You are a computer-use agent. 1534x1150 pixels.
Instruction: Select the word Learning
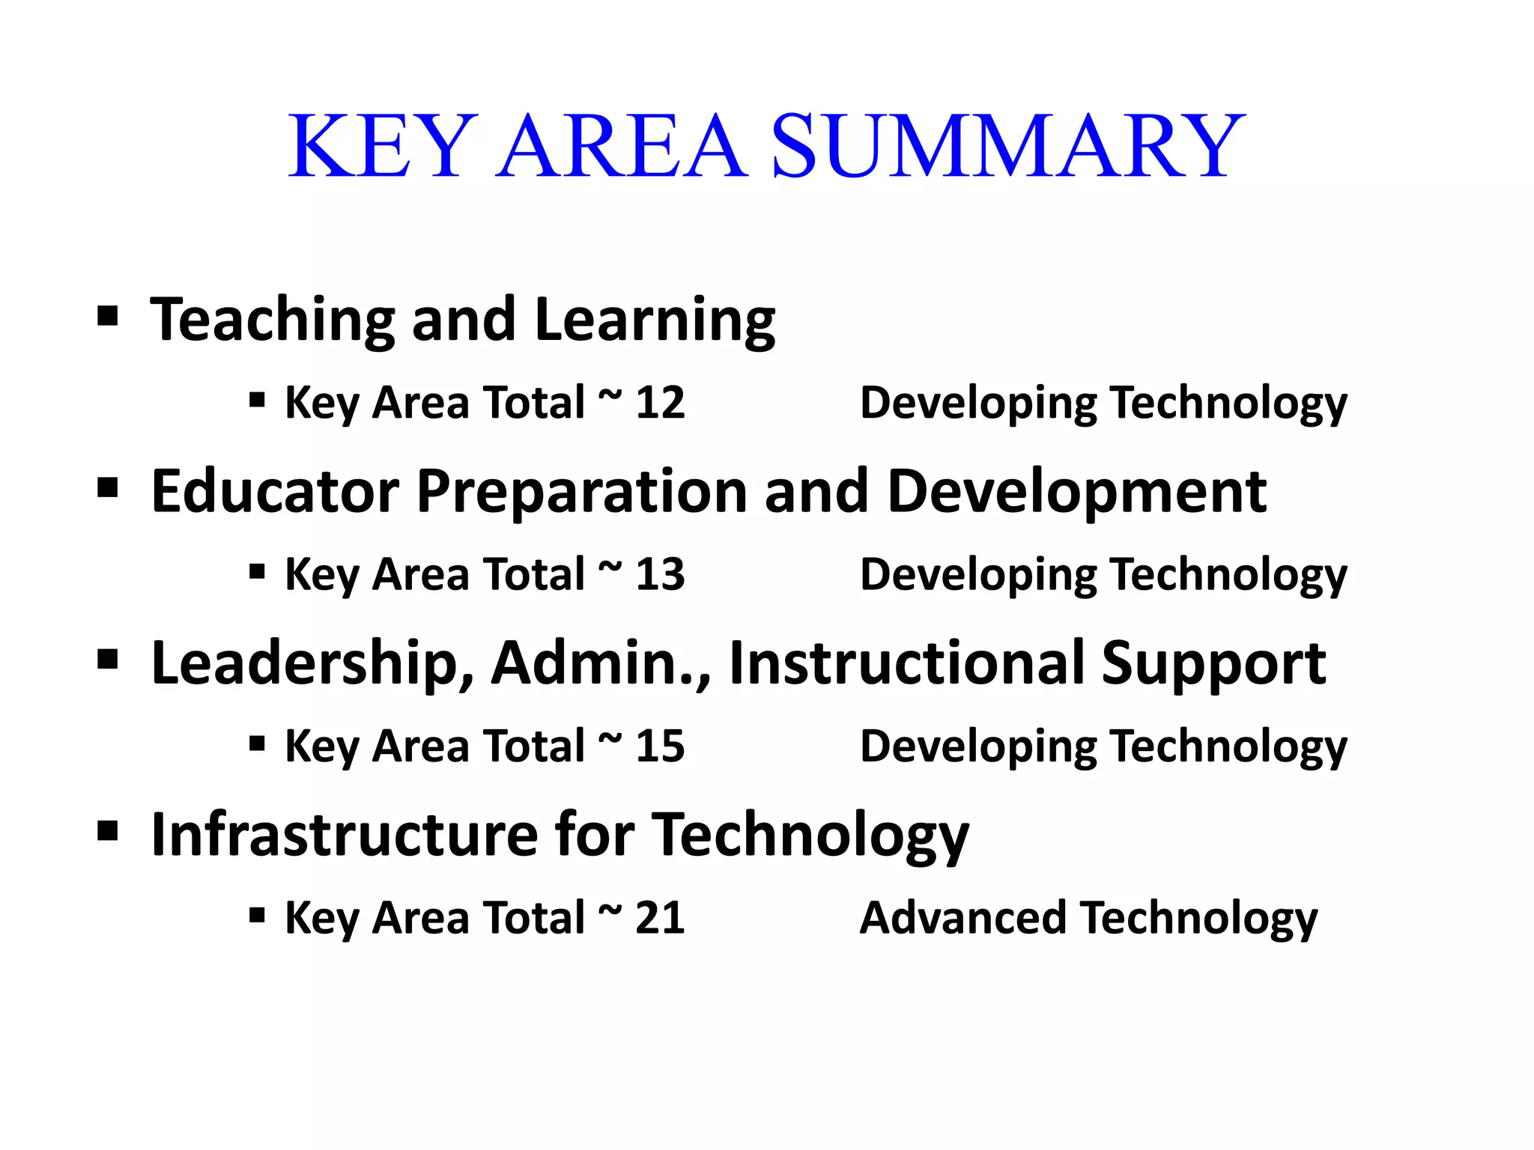coord(655,320)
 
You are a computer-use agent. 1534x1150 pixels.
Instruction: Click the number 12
coord(660,403)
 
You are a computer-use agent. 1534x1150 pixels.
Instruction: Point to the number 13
coord(660,574)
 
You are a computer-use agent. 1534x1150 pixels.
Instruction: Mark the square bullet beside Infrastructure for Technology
coord(108,830)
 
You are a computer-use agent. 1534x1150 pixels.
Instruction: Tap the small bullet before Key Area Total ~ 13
coord(257,572)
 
